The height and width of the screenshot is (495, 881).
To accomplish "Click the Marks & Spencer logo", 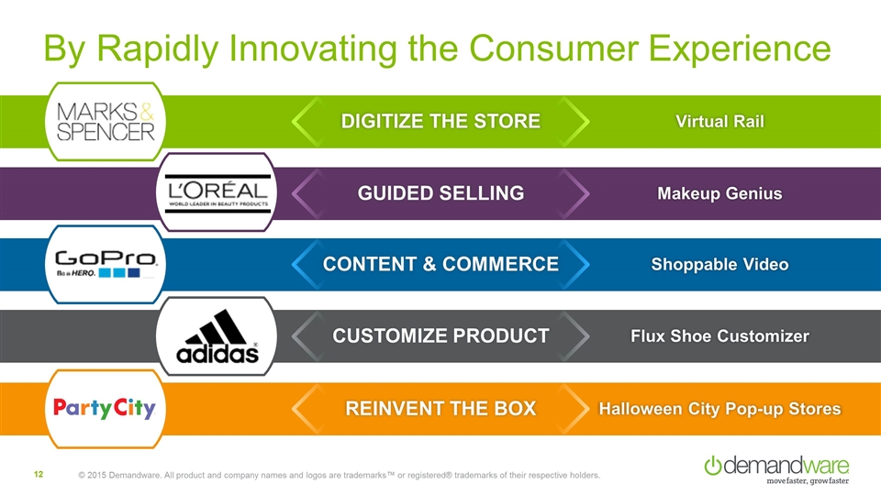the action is click(x=105, y=121).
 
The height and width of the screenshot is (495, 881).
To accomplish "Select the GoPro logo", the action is click(x=106, y=264).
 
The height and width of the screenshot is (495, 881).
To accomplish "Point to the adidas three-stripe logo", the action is click(x=217, y=336).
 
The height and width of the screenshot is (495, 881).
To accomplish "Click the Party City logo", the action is click(x=105, y=408).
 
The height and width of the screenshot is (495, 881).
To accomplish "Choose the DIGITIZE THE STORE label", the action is click(x=440, y=121).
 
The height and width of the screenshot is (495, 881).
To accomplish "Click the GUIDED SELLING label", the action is click(x=440, y=193).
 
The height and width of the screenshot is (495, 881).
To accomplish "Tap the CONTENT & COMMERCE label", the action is click(x=440, y=264).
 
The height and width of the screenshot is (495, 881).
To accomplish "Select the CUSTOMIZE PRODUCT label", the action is click(x=440, y=335).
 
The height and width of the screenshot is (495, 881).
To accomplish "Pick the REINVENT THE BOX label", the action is click(x=440, y=408).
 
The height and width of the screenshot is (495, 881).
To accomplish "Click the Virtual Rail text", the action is click(x=719, y=121).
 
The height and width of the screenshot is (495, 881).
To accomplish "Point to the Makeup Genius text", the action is click(x=719, y=193).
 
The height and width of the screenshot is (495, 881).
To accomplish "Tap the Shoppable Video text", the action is click(x=719, y=264).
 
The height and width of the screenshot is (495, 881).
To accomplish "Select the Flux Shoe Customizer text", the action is click(x=719, y=335).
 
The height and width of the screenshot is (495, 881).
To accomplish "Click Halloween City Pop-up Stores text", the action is click(x=719, y=409).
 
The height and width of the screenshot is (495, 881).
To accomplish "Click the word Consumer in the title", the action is click(x=554, y=49).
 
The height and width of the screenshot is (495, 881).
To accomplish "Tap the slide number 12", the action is click(x=39, y=475).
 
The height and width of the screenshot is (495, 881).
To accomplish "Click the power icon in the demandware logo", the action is click(x=712, y=466).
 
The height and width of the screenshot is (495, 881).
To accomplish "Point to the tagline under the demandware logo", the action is click(x=808, y=481).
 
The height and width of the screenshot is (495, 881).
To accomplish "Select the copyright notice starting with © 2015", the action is click(x=340, y=476).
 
